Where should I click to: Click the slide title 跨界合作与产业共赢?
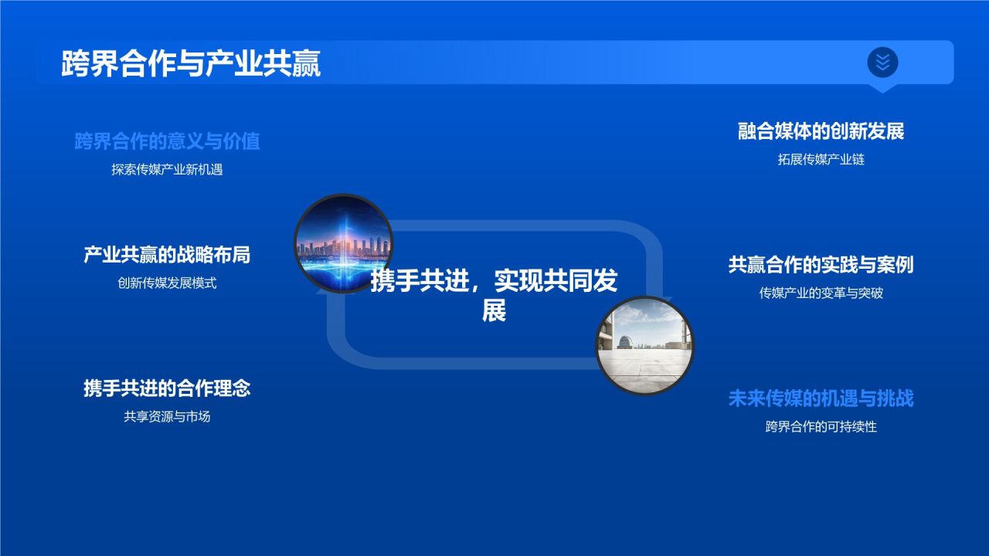click(x=191, y=63)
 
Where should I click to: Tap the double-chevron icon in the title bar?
click(x=882, y=62)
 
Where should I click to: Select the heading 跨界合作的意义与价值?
click(x=167, y=141)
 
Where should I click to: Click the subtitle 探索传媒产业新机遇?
click(x=167, y=170)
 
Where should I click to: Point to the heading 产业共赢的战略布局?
click(x=167, y=255)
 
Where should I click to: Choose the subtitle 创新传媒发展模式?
click(x=167, y=283)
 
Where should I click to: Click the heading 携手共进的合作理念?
click(x=167, y=388)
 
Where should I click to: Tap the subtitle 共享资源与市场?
click(x=167, y=417)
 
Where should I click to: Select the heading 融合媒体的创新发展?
click(x=821, y=131)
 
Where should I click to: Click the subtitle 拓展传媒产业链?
click(x=821, y=160)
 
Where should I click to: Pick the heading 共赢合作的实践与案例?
click(x=821, y=265)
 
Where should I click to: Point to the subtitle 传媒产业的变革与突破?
click(x=821, y=293)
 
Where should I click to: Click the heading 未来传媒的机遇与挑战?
click(x=821, y=398)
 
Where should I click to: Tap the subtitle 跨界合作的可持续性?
click(x=821, y=427)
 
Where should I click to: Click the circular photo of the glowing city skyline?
click(x=343, y=242)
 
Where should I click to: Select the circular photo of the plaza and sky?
click(x=644, y=345)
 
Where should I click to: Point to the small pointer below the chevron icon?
click(x=882, y=88)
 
